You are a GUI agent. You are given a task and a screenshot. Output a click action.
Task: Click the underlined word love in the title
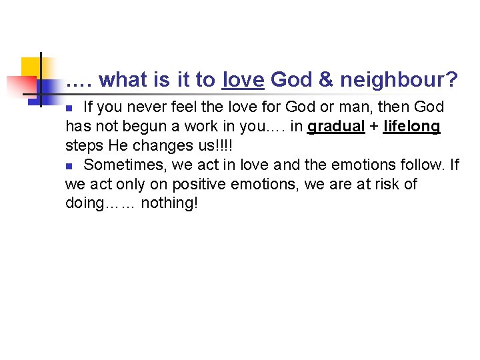243,81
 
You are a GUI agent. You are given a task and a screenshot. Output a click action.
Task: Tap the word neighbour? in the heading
399,81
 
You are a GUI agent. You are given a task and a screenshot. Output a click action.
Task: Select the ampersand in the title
326,81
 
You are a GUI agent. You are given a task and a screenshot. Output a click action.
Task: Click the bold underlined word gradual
336,127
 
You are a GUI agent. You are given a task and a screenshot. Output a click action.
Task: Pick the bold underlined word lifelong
412,127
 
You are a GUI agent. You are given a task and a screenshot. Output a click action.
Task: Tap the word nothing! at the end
169,203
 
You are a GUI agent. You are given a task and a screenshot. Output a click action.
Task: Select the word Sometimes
123,164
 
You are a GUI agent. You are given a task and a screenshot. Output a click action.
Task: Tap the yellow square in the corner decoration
31,67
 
